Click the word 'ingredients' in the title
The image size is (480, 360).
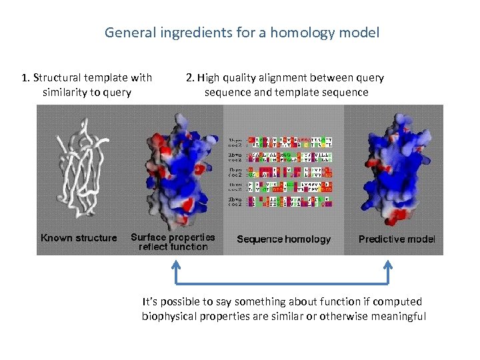click(183, 32)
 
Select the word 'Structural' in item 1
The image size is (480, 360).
click(57, 78)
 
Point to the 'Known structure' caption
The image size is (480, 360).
click(79, 238)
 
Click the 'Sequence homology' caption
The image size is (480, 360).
click(283, 239)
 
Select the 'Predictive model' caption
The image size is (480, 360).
click(397, 239)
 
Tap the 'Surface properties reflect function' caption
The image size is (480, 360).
click(173, 242)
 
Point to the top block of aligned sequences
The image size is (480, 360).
click(281, 142)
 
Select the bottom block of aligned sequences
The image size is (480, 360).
click(281, 201)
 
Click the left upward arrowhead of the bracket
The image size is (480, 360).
click(176, 267)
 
